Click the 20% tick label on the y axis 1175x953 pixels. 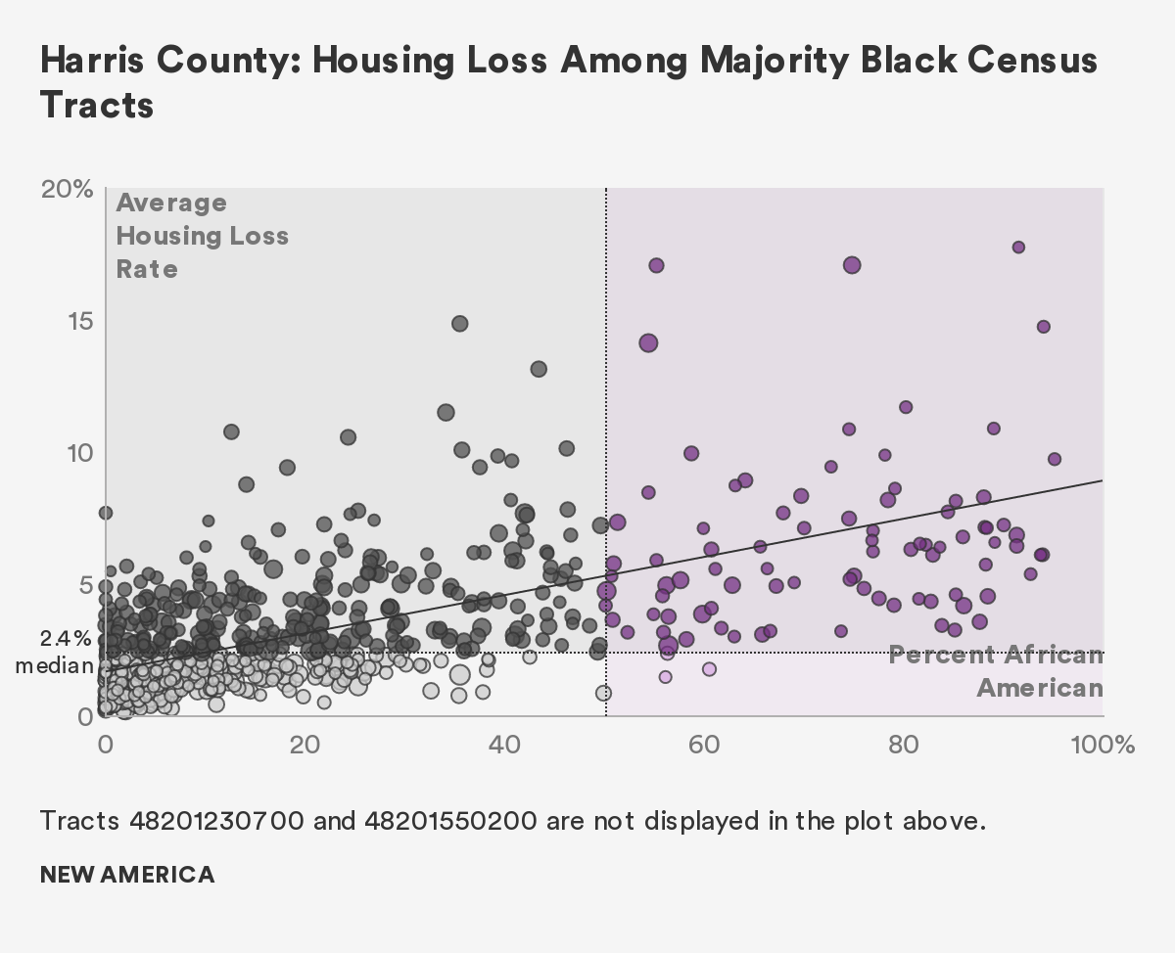click(x=66, y=189)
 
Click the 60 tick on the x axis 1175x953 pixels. click(x=704, y=746)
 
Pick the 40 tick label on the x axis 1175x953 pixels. click(x=505, y=746)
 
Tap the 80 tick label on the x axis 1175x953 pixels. click(x=904, y=746)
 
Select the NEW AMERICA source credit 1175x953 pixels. click(x=127, y=874)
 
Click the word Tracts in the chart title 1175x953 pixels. click(x=97, y=104)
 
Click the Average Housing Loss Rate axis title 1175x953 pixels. click(x=202, y=236)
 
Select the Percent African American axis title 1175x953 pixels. click(x=997, y=671)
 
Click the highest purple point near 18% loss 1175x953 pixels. click(x=1018, y=248)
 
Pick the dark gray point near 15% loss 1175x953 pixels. click(x=459, y=323)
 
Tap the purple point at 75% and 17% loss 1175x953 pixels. click(x=852, y=265)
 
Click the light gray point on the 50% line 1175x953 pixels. click(x=603, y=693)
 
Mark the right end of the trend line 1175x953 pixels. click(x=1103, y=480)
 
